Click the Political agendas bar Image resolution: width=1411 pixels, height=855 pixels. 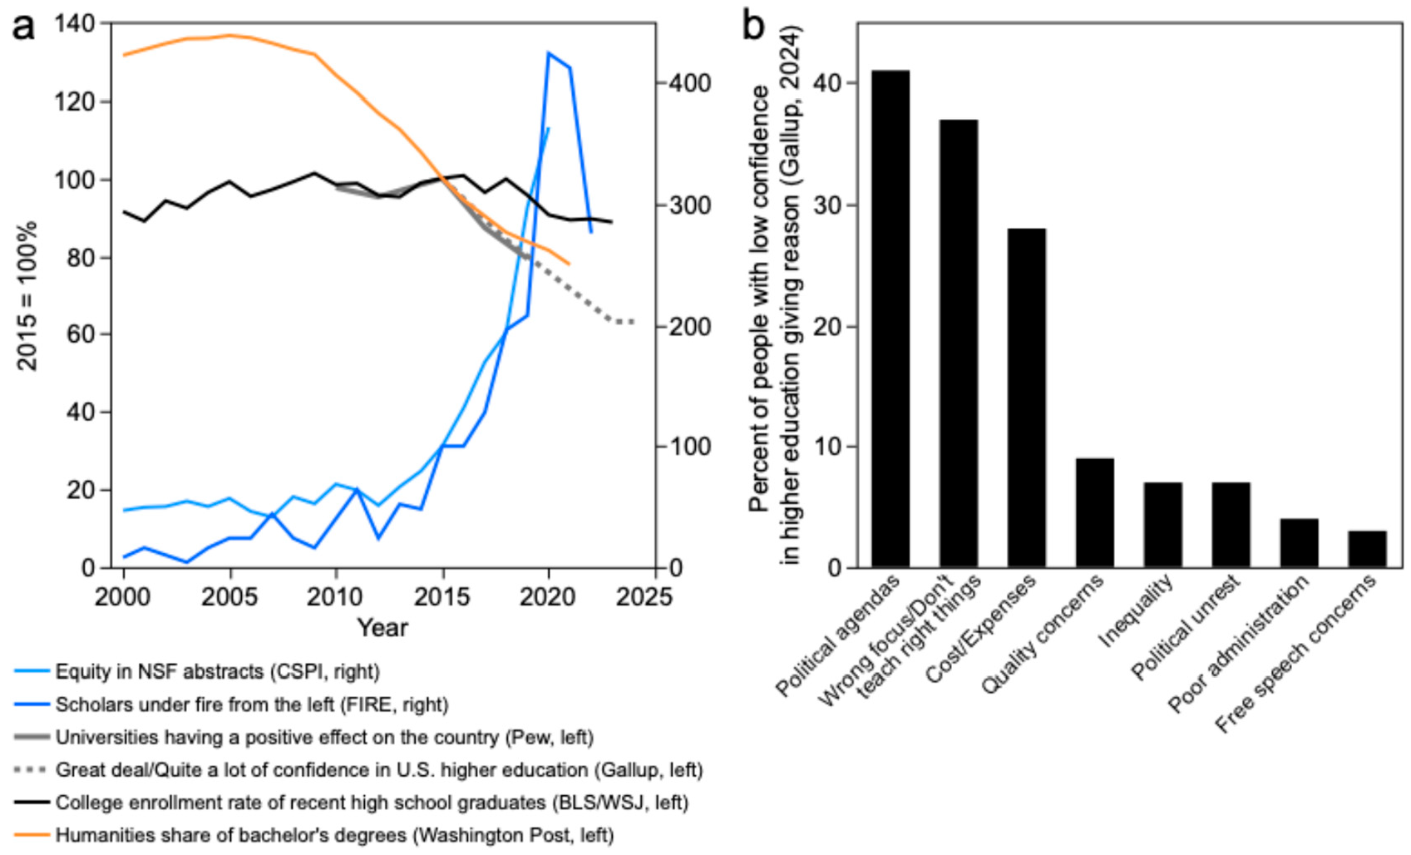pos(890,319)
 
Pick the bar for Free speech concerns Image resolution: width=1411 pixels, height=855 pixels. pos(1367,549)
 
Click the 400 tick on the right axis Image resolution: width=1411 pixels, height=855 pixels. pos(690,83)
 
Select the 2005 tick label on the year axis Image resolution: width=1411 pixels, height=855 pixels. pos(230,597)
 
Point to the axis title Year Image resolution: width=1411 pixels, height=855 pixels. pos(382,628)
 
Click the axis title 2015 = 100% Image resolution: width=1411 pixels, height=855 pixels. pos(27,295)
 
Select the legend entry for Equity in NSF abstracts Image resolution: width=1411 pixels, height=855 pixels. pos(217,671)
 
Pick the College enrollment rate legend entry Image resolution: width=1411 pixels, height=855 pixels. pos(371,803)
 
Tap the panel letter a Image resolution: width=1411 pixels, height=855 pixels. pos(22,27)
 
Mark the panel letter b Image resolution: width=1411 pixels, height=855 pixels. pos(752,27)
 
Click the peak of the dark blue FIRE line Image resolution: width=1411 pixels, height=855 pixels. pos(549,52)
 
